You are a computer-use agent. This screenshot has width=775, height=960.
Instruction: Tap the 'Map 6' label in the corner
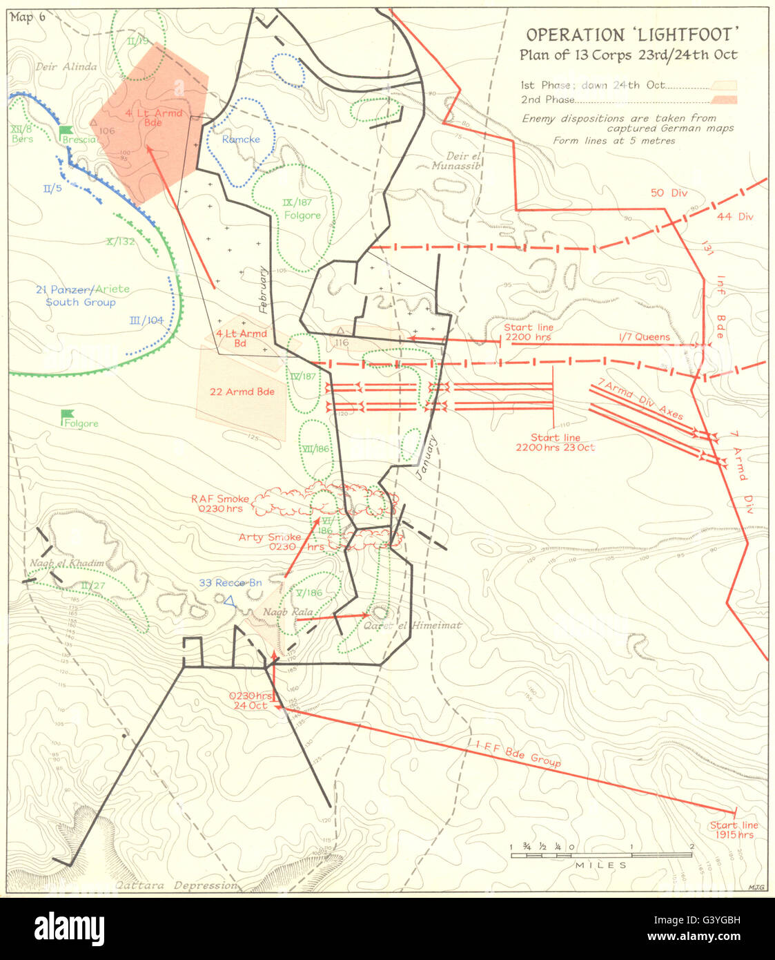[28, 17]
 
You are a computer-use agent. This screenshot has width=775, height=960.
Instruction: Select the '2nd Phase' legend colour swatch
[727, 99]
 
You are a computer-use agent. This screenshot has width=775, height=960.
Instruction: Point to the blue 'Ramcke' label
[241, 140]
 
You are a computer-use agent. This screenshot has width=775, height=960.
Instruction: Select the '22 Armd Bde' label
[242, 392]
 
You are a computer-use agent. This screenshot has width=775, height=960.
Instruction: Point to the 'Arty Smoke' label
[269, 537]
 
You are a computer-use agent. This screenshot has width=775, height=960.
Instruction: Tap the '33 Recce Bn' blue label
[230, 583]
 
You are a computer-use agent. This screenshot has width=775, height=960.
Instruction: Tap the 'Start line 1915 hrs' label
[734, 830]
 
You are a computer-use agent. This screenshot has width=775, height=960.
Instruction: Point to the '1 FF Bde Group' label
[518, 753]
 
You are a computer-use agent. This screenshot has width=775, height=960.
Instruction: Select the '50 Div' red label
[669, 193]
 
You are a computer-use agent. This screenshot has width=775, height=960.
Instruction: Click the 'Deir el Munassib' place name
[455, 161]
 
